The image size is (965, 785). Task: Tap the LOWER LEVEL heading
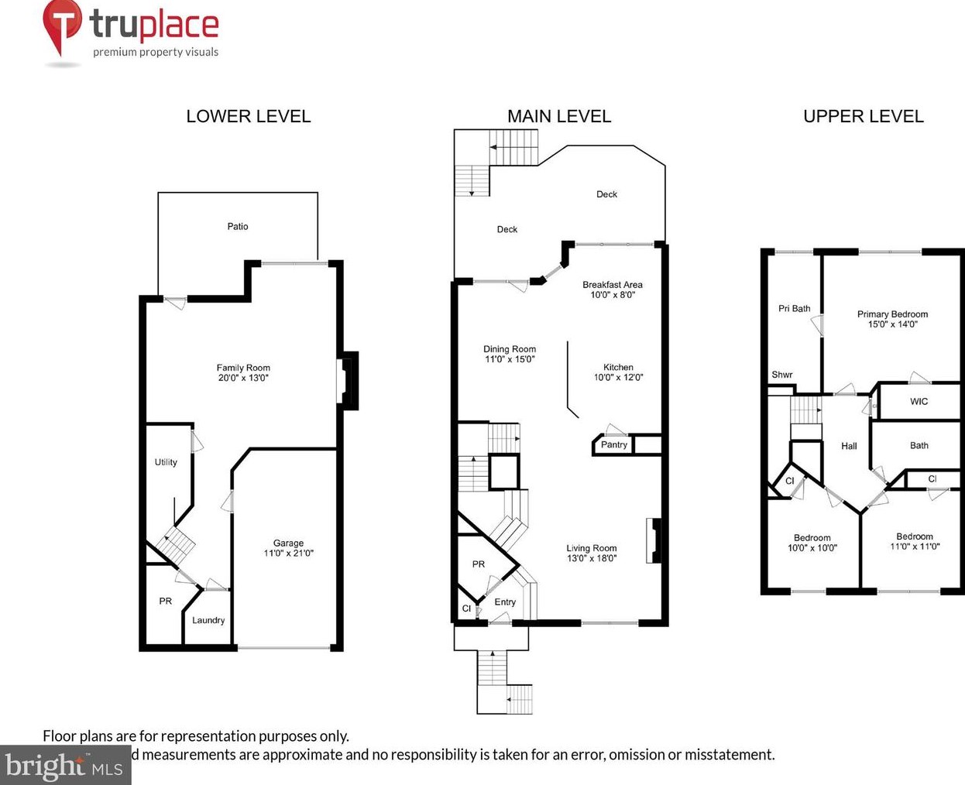pyautogui.click(x=248, y=116)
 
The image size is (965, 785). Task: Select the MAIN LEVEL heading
pyautogui.click(x=558, y=116)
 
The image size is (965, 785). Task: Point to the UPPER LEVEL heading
pyautogui.click(x=863, y=116)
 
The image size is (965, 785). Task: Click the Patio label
pyautogui.click(x=238, y=227)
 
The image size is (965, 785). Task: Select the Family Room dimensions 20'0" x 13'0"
pyautogui.click(x=243, y=379)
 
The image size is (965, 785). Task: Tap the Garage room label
pyautogui.click(x=288, y=543)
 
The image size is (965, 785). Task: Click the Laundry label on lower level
pyautogui.click(x=208, y=620)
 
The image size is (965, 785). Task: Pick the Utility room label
pyautogui.click(x=166, y=462)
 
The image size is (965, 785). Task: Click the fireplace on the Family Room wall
pyautogui.click(x=349, y=380)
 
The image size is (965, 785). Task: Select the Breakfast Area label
pyautogui.click(x=613, y=285)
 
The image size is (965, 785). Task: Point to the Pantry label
pyautogui.click(x=614, y=444)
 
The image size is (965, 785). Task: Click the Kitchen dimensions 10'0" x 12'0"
pyautogui.click(x=618, y=378)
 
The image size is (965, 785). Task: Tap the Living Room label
pyautogui.click(x=592, y=548)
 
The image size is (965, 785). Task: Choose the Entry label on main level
pyautogui.click(x=505, y=602)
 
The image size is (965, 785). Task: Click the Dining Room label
pyautogui.click(x=510, y=349)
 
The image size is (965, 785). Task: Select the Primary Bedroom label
pyautogui.click(x=892, y=314)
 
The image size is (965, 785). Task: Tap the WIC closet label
pyautogui.click(x=919, y=402)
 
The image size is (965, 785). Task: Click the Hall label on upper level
pyautogui.click(x=849, y=446)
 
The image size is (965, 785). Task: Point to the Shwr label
pyautogui.click(x=781, y=375)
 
